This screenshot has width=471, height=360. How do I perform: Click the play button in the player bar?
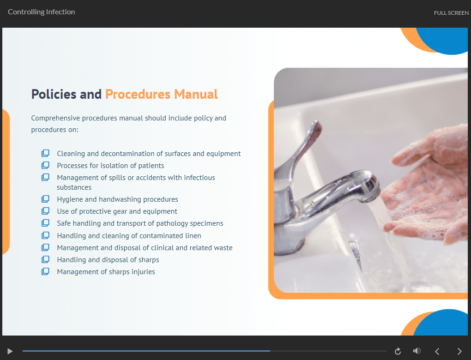click(10, 351)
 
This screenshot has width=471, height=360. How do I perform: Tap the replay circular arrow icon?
click(398, 351)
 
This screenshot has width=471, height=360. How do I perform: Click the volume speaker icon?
click(417, 351)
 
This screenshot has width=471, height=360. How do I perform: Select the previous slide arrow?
click(437, 351)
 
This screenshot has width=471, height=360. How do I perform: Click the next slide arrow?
click(459, 351)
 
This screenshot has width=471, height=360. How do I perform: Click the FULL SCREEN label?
click(451, 13)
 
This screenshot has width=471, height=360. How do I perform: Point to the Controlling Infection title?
click(42, 12)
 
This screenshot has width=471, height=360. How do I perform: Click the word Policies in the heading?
click(54, 94)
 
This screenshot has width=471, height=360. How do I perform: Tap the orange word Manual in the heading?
click(196, 94)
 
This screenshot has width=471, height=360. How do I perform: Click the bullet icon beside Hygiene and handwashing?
click(45, 199)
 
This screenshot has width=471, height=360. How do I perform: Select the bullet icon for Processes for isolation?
click(45, 165)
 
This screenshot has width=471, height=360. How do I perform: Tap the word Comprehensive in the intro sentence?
click(55, 118)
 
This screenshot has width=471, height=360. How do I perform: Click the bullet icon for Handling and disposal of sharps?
click(45, 259)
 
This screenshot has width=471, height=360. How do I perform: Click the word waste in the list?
click(223, 248)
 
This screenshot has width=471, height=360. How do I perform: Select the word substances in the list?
click(74, 187)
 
